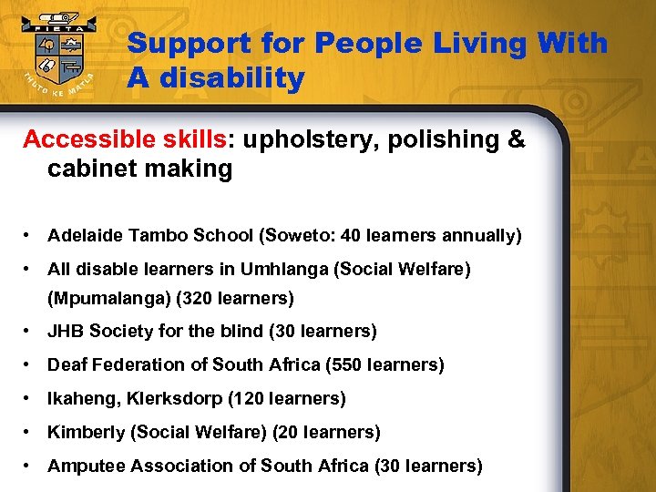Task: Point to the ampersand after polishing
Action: click(x=516, y=139)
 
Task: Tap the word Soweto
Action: click(x=298, y=236)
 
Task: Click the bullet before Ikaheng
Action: click(x=31, y=398)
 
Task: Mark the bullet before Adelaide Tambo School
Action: click(x=31, y=236)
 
